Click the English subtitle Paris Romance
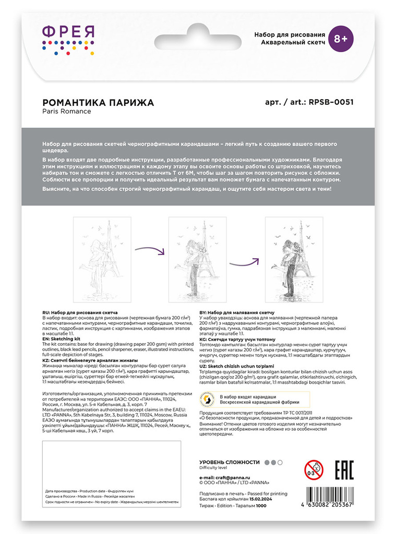coord(67,111)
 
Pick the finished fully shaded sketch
coord(294,259)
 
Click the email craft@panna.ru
coord(227,477)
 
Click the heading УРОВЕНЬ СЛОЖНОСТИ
coord(230,462)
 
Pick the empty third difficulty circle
coord(280,462)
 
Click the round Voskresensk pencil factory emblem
coord(208,399)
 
